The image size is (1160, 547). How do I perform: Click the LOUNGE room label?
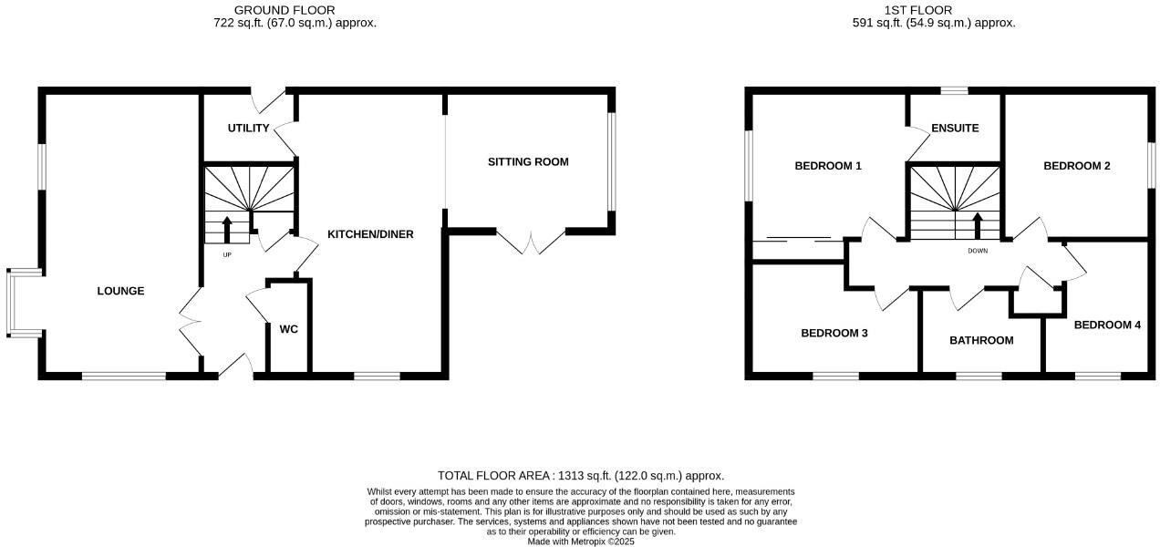click(x=120, y=292)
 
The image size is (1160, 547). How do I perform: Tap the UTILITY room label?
click(x=248, y=129)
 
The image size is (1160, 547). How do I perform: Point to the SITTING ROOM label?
click(x=528, y=162)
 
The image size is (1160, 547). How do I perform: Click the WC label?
click(x=288, y=329)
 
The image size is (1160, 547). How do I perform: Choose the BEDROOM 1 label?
click(x=828, y=166)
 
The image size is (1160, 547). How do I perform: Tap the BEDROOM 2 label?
click(x=1077, y=166)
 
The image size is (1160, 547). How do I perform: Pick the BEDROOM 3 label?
click(x=834, y=334)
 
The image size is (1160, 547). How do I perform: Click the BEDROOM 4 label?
click(x=1107, y=325)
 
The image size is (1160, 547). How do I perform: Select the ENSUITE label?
click(x=955, y=129)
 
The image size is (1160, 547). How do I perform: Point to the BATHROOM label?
click(x=981, y=341)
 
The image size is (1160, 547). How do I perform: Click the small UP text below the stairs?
click(x=227, y=254)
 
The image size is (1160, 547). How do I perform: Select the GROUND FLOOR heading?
click(x=285, y=10)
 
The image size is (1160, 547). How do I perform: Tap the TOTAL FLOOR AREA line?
click(x=580, y=476)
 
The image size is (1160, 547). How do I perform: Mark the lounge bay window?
click(x=21, y=303)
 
